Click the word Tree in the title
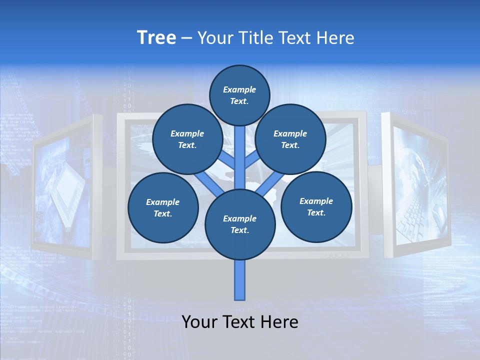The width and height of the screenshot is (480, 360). [156, 38]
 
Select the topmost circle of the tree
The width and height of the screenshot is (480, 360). [239, 95]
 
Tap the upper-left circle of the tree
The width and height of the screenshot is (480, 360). [187, 139]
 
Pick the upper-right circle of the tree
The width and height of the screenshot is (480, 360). [290, 139]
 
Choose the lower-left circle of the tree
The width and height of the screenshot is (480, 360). [163, 207]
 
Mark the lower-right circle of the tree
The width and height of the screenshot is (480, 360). [316, 206]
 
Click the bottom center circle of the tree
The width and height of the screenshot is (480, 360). [240, 224]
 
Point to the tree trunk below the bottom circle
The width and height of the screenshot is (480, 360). [240, 280]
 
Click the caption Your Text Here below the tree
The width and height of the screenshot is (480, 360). [240, 322]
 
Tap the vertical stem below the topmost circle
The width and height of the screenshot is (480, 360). [240, 150]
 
